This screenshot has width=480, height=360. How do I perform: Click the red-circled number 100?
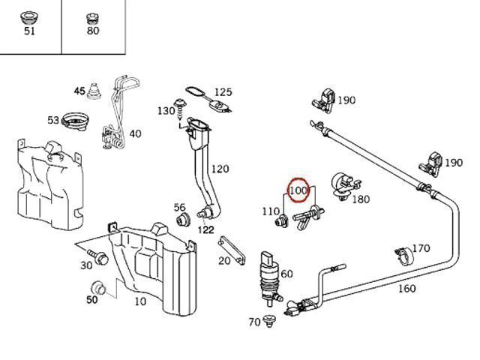point(298,190)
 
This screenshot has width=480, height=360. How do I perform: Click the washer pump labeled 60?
point(268,272)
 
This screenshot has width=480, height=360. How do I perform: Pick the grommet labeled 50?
point(97,288)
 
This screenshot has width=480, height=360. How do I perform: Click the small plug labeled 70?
point(271,322)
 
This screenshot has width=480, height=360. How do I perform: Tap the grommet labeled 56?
point(181,220)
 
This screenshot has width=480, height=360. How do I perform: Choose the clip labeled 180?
point(344,183)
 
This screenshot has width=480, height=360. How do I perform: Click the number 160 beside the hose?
point(406,288)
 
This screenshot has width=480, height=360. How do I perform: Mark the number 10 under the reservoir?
point(139,301)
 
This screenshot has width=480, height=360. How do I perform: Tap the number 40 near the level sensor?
point(135,134)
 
